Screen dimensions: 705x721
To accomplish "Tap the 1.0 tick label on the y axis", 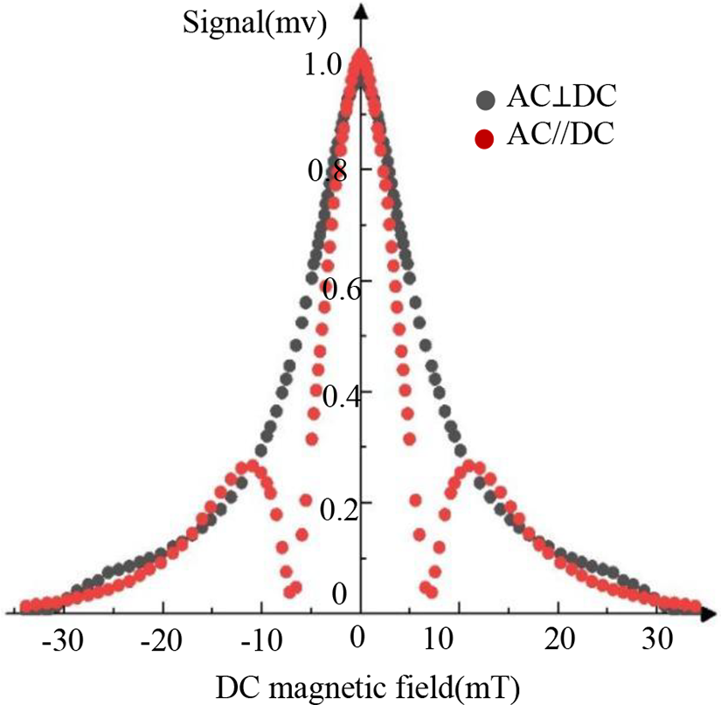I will click(325, 66).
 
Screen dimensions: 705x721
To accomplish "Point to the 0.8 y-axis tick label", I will click(327, 169).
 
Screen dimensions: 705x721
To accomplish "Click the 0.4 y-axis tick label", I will click(342, 394).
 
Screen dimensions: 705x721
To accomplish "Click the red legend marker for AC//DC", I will click(486, 137).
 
